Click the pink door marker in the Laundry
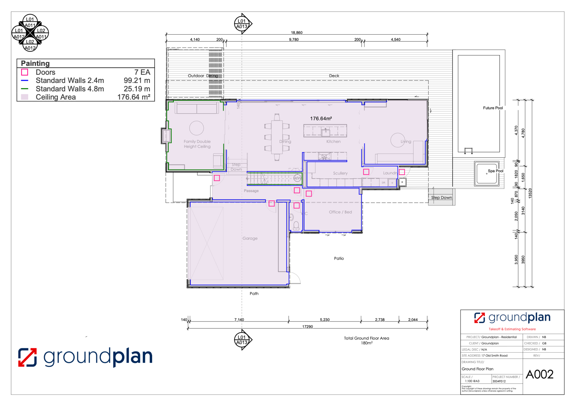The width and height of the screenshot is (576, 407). tap(402, 172)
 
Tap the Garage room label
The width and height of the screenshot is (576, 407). tap(250, 238)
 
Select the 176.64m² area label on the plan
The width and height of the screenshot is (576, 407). tap(321, 119)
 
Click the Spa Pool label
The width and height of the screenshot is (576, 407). tap(495, 171)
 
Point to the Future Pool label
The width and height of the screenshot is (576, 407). tap(493, 108)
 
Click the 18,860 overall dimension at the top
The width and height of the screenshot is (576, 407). tap(297, 33)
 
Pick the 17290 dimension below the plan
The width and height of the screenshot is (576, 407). tap(307, 327)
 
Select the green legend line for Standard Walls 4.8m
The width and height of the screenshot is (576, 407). tap(25, 89)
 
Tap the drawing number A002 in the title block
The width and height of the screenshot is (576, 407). tap(539, 374)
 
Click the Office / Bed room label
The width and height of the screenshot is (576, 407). tap(340, 212)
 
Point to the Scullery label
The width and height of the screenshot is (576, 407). tap(340, 173)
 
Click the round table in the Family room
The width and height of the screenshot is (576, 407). tap(197, 128)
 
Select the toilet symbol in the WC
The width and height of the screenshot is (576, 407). tap(296, 225)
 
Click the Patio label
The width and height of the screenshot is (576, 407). tap(339, 258)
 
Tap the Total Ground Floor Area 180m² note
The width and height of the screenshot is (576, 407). tap(366, 340)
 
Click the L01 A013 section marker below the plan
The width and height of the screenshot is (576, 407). tap(242, 340)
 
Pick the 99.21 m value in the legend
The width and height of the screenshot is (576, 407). tap(137, 81)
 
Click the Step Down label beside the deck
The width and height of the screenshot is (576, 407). tap(441, 198)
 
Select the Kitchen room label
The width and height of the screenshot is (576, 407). tap(333, 141)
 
